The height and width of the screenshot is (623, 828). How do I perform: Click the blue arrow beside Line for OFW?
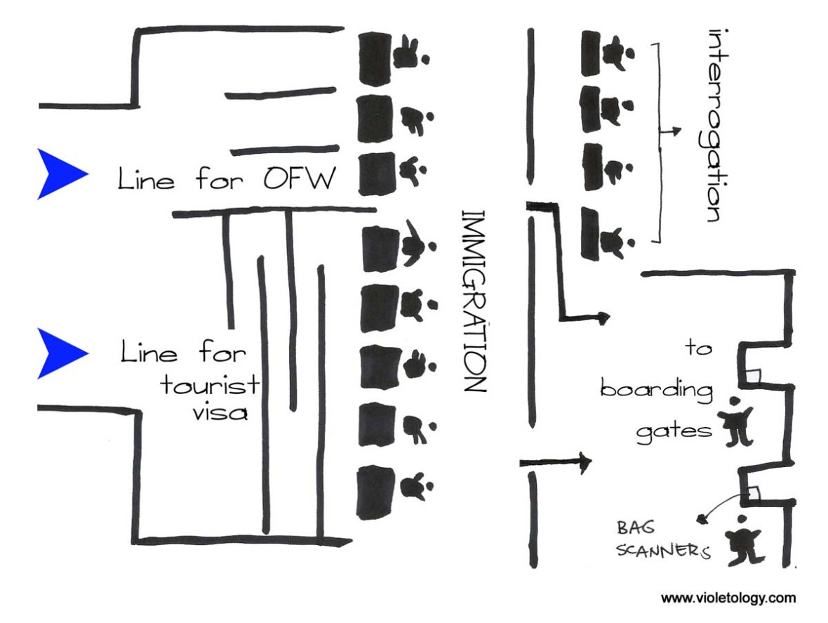[60, 173]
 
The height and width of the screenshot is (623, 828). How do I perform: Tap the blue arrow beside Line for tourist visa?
[60, 353]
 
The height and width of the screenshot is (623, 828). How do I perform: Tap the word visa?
[221, 412]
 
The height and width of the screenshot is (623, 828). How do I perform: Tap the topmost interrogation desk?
[595, 53]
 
